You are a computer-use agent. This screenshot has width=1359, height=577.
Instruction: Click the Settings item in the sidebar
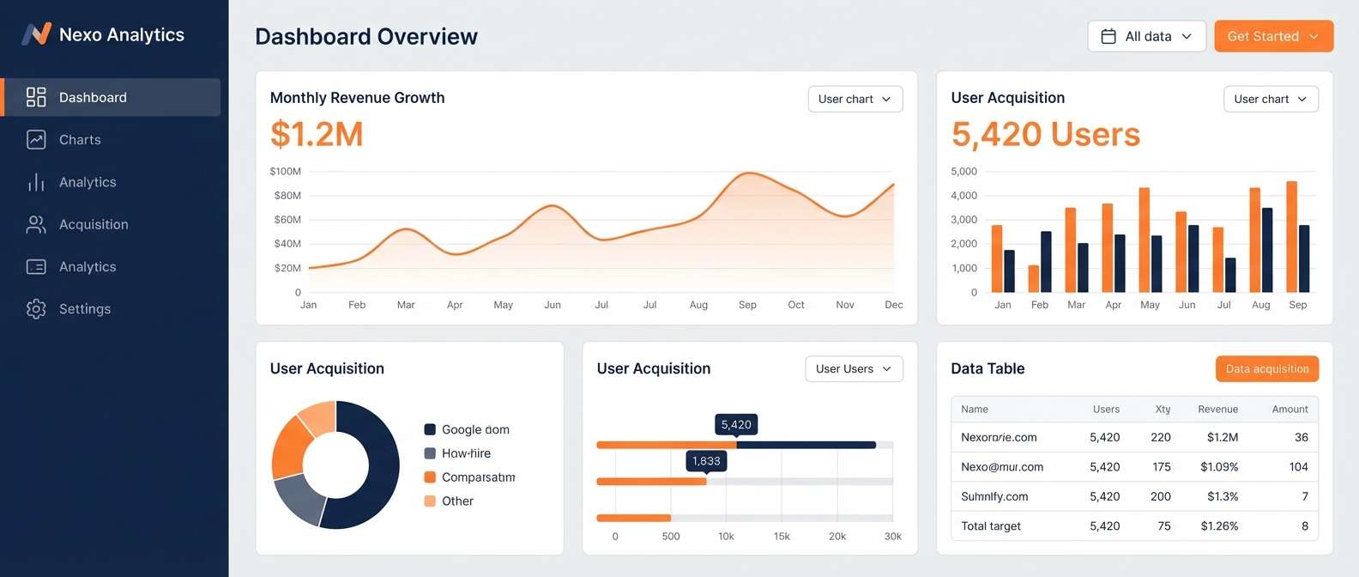[84, 309]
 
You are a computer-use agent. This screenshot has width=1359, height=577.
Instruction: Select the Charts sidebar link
[80, 140]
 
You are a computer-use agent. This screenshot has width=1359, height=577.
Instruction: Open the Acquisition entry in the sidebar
[93, 225]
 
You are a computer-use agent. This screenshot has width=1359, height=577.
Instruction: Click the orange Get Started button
[1273, 36]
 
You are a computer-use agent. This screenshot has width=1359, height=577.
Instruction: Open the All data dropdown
[1146, 36]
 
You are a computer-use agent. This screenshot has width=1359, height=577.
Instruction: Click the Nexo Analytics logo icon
[36, 34]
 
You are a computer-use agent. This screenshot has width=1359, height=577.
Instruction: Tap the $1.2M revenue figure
[317, 134]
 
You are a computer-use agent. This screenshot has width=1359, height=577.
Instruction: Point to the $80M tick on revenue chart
[287, 196]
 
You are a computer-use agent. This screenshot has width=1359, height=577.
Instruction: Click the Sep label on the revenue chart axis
[747, 305]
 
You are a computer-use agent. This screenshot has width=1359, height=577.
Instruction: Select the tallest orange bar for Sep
[1291, 236]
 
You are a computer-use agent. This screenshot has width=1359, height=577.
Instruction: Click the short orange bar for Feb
[1034, 278]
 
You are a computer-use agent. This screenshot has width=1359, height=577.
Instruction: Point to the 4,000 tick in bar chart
[963, 196]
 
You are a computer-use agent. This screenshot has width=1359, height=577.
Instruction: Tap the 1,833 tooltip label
[706, 461]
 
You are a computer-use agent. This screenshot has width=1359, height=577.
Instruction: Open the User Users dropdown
[854, 369]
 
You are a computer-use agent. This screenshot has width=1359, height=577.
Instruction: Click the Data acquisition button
[1266, 369]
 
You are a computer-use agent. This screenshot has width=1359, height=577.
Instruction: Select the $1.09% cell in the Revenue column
[1218, 467]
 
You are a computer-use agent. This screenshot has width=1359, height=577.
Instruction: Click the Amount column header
[1290, 410]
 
